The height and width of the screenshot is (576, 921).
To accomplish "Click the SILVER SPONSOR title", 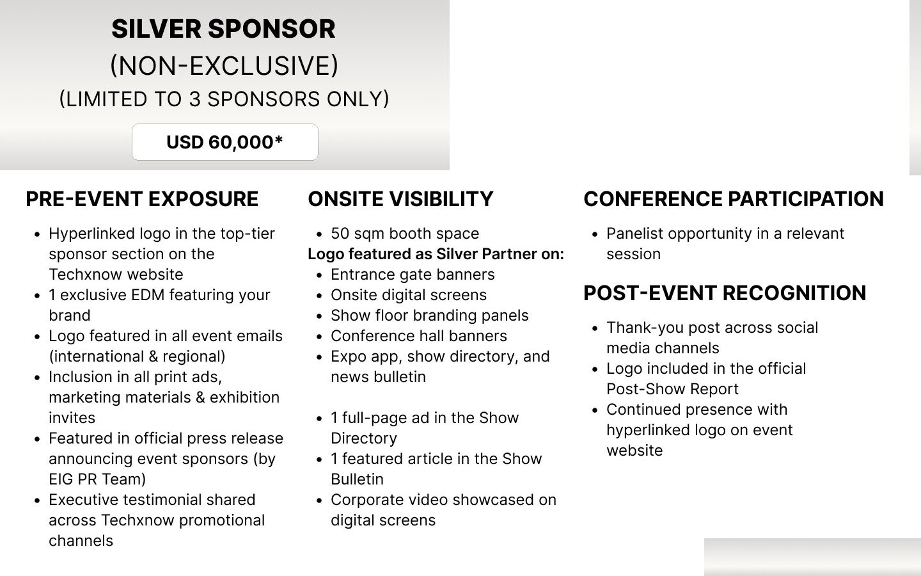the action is click(x=223, y=29).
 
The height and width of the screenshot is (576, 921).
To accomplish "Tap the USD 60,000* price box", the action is click(x=225, y=142).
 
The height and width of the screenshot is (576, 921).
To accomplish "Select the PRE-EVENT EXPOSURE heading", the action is click(x=142, y=199).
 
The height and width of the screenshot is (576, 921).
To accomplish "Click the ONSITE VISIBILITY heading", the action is click(x=400, y=199).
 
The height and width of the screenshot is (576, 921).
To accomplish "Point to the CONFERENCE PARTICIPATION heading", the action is click(x=734, y=199).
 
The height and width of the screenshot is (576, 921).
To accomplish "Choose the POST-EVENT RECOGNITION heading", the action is click(x=725, y=293).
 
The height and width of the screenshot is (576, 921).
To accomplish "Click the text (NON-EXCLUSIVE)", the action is click(x=224, y=66).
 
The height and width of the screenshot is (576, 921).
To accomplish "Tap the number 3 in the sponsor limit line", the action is click(x=194, y=99).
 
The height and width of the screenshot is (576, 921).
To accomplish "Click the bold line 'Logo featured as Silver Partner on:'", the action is click(x=436, y=254).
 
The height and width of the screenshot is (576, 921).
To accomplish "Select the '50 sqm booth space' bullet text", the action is click(x=405, y=234).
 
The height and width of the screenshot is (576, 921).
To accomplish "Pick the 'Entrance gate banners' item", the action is click(x=413, y=275).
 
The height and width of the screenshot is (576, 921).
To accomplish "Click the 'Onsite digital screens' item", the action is click(x=409, y=295).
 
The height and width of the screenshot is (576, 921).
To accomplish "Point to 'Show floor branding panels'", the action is click(x=430, y=316).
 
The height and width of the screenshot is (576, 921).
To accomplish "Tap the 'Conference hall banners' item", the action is click(x=419, y=336).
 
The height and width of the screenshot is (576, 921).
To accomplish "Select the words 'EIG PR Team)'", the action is click(x=97, y=479).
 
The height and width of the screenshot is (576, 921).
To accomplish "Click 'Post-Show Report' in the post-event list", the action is click(x=673, y=389).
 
